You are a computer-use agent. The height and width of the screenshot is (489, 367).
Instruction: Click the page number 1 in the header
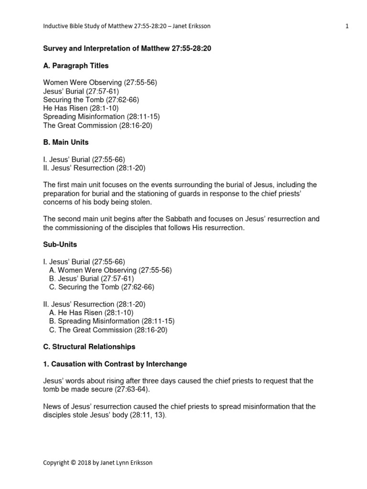click(347, 26)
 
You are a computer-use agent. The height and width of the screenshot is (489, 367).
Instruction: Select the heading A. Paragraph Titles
click(76, 66)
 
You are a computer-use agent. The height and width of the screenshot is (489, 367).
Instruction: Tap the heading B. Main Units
click(65, 142)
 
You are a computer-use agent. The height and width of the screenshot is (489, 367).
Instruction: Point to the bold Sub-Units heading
click(60, 244)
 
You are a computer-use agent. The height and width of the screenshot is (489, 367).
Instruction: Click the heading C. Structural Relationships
click(89, 347)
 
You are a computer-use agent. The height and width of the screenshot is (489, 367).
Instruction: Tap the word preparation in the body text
click(62, 193)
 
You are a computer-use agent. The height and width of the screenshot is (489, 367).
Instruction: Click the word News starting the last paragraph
click(52, 406)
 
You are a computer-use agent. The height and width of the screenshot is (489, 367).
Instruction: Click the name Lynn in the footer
click(127, 463)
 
